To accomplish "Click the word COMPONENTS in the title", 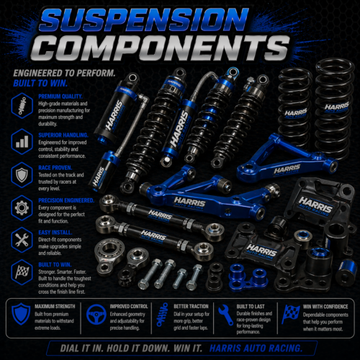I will pos(180,49).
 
